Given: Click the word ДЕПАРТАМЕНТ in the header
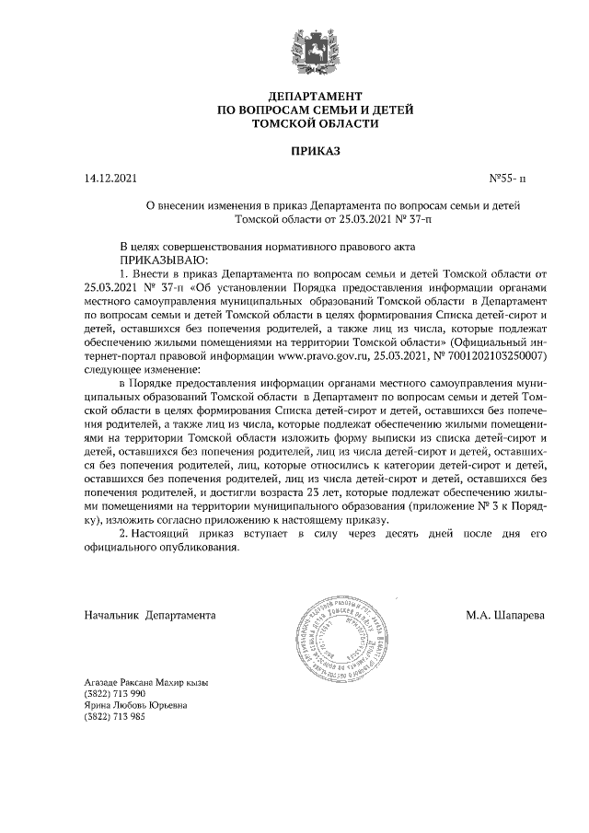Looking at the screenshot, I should tap(315, 97).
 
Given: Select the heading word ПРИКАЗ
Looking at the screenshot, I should tap(314, 150).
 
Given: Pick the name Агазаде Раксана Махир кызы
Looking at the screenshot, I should tap(146, 682).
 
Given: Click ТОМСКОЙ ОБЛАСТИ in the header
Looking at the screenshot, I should tap(315, 122).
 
